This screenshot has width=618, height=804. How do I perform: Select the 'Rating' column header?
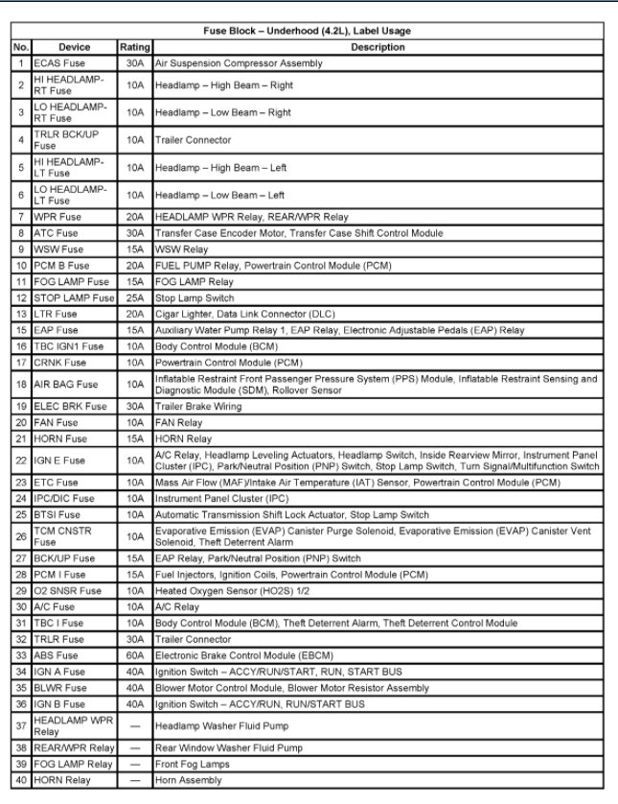(x=134, y=47)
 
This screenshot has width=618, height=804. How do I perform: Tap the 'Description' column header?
(x=378, y=47)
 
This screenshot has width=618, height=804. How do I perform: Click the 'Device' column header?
(x=74, y=47)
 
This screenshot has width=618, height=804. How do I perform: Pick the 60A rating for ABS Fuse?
(x=134, y=655)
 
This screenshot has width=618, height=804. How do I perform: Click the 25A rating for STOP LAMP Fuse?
(x=134, y=297)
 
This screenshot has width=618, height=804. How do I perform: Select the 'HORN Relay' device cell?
(x=65, y=780)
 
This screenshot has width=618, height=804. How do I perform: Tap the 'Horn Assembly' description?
(x=189, y=780)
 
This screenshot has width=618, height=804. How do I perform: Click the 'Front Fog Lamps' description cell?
(x=192, y=764)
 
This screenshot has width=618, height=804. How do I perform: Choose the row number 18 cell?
(x=21, y=384)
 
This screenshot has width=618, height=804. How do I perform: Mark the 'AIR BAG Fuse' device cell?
(x=65, y=384)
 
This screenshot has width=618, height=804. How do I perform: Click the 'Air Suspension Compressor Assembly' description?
(x=239, y=63)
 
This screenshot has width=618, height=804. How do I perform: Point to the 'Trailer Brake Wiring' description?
(x=200, y=406)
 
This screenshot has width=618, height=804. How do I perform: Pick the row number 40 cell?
(x=21, y=780)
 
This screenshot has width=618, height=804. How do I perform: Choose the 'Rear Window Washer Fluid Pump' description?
(x=229, y=747)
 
